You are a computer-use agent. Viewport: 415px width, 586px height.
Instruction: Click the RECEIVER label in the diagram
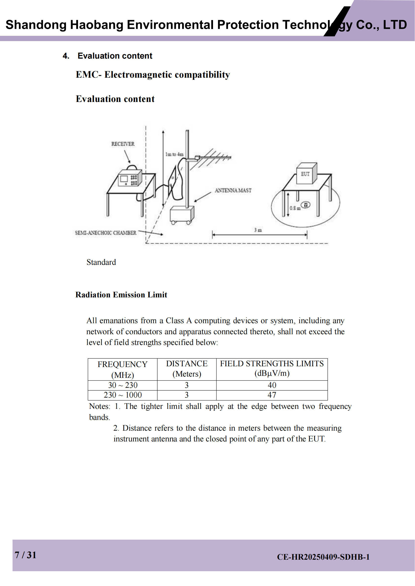(123, 144)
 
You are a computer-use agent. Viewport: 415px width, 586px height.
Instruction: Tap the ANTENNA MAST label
(233, 190)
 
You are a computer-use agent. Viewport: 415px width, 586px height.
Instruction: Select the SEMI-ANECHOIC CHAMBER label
(106, 233)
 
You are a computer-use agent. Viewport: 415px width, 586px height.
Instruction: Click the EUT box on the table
(306, 174)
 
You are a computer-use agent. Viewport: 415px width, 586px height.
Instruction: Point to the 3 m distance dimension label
(258, 230)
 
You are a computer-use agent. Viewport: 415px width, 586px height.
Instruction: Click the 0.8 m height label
(295, 208)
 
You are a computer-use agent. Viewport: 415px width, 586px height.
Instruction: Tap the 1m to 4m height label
(174, 154)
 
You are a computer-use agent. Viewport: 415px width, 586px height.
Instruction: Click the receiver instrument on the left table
(130, 179)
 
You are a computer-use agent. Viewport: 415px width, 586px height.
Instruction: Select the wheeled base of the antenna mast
(182, 215)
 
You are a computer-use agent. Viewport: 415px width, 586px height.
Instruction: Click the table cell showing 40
(272, 385)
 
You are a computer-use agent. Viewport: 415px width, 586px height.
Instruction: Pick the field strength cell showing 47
(272, 395)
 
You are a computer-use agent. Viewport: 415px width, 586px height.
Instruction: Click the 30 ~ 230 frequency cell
(123, 385)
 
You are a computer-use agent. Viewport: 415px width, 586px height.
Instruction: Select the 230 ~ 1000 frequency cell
(123, 395)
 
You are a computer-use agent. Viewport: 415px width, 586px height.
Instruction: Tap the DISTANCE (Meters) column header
(187, 369)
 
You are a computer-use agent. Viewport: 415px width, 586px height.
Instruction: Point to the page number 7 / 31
(26, 555)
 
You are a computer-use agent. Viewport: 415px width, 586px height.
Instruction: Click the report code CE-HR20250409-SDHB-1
(323, 557)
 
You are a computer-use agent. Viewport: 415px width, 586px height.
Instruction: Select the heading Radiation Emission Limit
(121, 295)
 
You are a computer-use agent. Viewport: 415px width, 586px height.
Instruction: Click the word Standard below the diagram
(101, 262)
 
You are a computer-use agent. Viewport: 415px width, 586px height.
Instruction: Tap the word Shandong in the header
(36, 25)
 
